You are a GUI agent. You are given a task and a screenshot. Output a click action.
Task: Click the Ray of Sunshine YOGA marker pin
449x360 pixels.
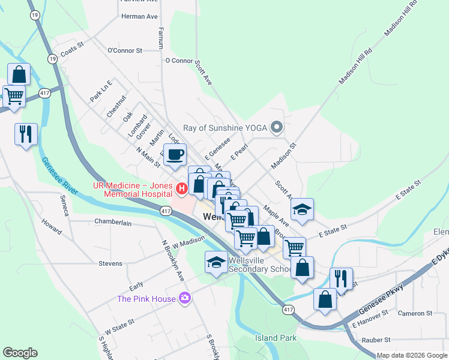point(277,127)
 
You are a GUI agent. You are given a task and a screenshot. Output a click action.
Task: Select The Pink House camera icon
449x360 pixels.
point(185,298)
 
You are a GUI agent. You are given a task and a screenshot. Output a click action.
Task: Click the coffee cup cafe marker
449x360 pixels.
point(175,155)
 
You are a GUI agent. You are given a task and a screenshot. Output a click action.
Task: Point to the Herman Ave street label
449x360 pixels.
point(139,16)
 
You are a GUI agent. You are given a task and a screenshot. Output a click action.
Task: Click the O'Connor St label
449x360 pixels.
point(124,51)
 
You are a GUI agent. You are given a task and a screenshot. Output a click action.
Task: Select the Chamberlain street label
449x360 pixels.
point(113,222)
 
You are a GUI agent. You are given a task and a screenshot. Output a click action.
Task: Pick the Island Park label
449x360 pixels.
point(276,338)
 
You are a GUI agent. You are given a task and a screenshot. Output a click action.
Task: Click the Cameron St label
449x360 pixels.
point(415,313)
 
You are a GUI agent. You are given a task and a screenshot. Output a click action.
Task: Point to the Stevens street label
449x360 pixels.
point(110,263)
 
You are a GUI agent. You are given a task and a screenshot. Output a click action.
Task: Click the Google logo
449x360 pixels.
point(20,353)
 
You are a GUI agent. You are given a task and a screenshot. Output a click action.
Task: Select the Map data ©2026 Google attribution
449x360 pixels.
point(412,355)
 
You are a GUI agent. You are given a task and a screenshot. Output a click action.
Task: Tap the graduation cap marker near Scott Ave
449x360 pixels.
point(303,209)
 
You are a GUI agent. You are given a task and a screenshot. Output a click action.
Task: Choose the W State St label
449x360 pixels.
point(119,327)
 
